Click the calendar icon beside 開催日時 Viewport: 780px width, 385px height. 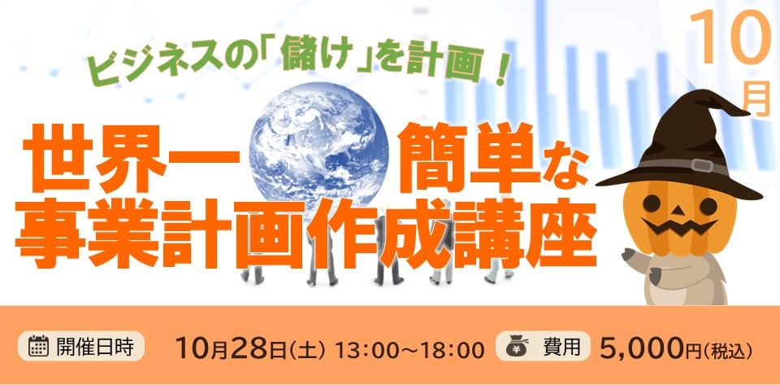point(38,345)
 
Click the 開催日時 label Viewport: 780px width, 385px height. point(94,346)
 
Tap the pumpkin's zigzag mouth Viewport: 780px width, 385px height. point(678,225)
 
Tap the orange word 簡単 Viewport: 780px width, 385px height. point(470,160)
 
